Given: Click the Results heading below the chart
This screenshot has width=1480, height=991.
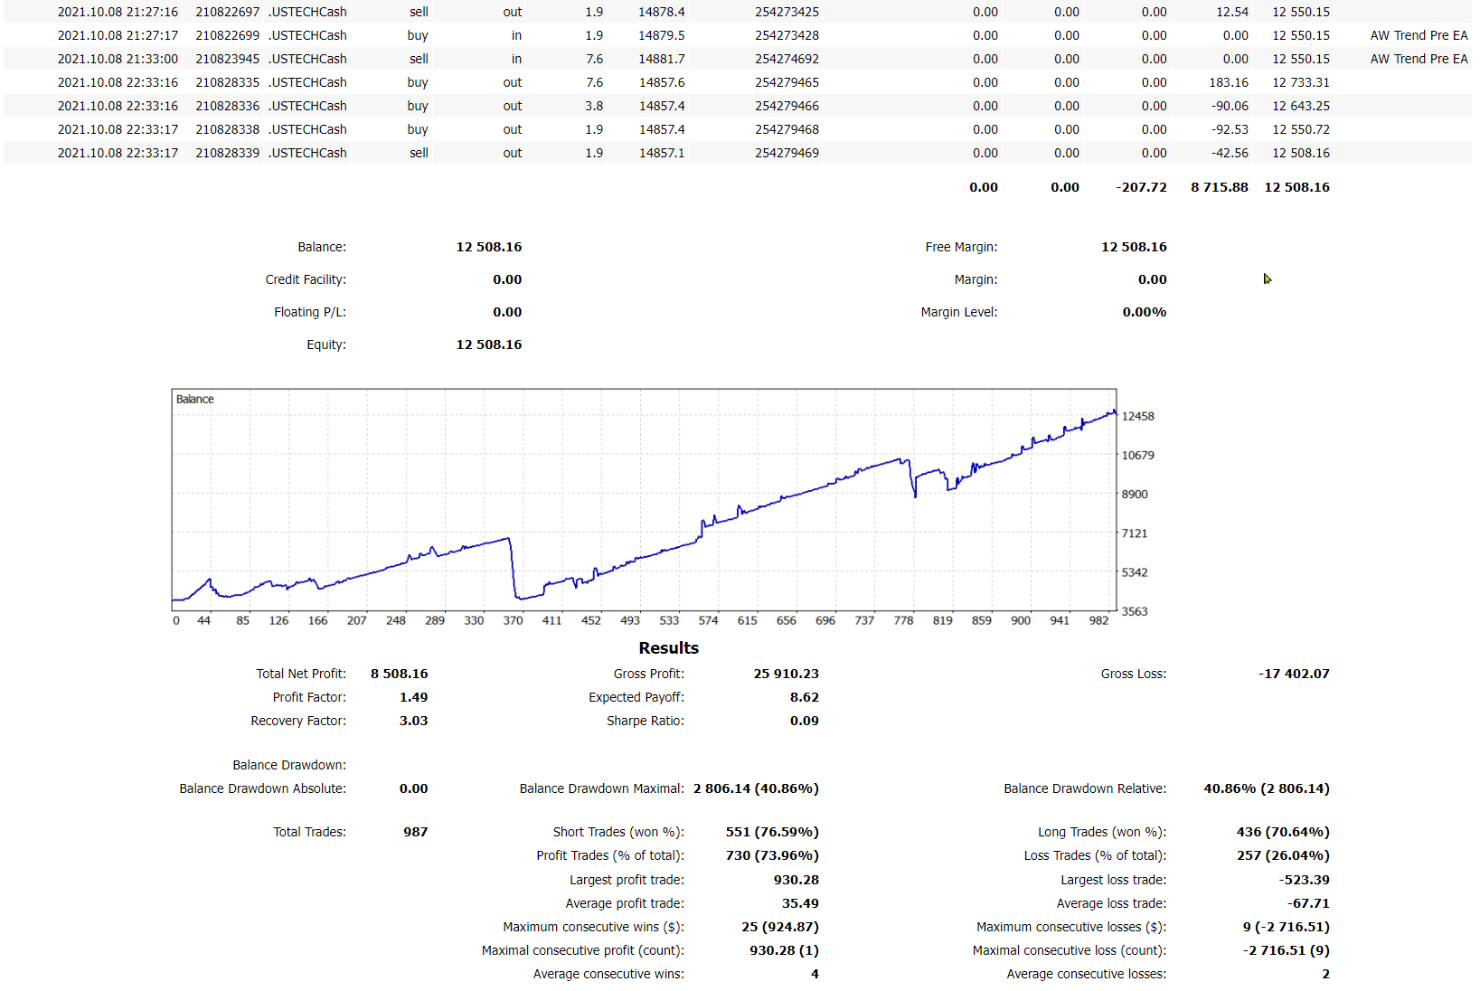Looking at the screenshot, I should pyautogui.click(x=668, y=648).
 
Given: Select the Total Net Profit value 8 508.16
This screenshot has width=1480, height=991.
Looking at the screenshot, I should pyautogui.click(x=399, y=674).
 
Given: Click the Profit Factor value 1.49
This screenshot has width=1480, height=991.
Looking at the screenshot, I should pyautogui.click(x=413, y=697).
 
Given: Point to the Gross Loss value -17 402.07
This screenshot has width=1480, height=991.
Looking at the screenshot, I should pyautogui.click(x=1294, y=674).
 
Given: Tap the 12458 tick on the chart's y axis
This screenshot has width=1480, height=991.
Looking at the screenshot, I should pyautogui.click(x=1137, y=417).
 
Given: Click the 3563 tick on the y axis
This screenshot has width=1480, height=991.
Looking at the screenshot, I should pyautogui.click(x=1134, y=612).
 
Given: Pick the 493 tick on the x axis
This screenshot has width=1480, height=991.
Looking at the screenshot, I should pyautogui.click(x=629, y=621).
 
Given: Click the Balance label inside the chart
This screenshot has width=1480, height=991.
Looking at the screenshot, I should pyautogui.click(x=194, y=400).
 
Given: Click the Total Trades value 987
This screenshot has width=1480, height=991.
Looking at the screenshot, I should pyautogui.click(x=415, y=832).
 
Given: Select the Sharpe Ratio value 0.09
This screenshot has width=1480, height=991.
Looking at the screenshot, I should pyautogui.click(x=804, y=721).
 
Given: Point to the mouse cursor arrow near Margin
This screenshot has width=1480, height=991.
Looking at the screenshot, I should pyautogui.click(x=1267, y=278).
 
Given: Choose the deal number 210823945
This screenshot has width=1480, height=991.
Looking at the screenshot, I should pyautogui.click(x=227, y=59).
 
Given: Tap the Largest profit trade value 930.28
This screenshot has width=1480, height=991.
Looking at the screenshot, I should pyautogui.click(x=796, y=880).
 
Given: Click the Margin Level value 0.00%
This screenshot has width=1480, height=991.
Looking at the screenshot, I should pyautogui.click(x=1144, y=312).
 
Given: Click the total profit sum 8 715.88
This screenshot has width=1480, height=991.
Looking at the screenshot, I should pyautogui.click(x=1219, y=187).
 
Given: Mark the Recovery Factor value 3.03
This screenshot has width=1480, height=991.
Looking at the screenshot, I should pyautogui.click(x=413, y=721).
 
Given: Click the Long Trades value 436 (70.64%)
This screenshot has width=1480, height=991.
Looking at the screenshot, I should pyautogui.click(x=1282, y=832).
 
